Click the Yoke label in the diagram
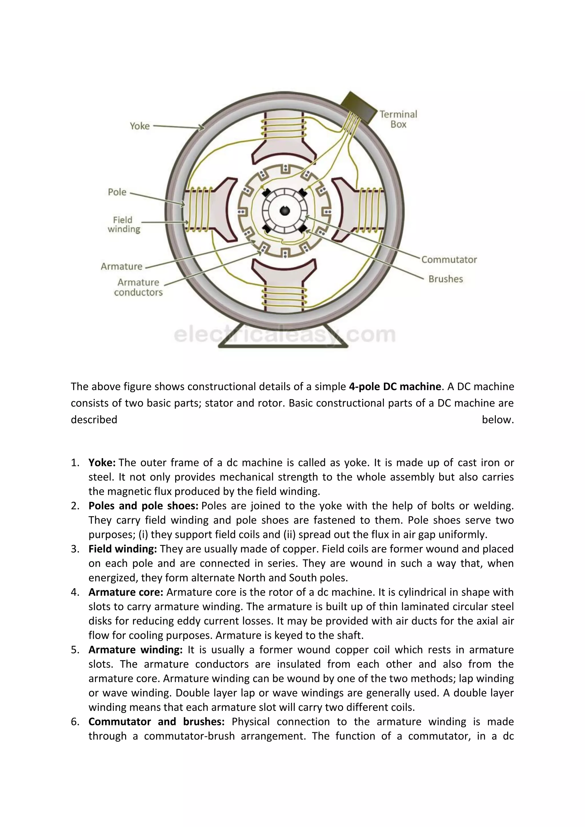click(x=139, y=126)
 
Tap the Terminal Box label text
click(x=398, y=119)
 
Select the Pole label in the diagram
click(x=117, y=192)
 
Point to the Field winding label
click(x=124, y=224)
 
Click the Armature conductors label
click(x=138, y=287)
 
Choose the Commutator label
click(x=449, y=260)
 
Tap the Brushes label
click(x=445, y=279)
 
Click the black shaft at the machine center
click(x=285, y=211)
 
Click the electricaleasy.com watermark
click(x=284, y=335)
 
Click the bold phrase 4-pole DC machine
click(x=395, y=386)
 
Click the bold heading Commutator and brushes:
click(x=156, y=722)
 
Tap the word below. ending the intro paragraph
click(x=498, y=419)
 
